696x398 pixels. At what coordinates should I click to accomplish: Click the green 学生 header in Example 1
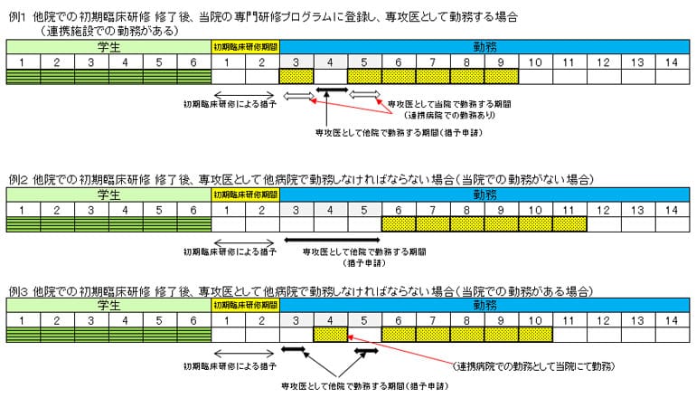click(x=108, y=46)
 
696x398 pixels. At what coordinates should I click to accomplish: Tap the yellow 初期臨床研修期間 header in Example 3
click(x=246, y=306)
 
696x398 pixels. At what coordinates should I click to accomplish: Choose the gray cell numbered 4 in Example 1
click(x=331, y=62)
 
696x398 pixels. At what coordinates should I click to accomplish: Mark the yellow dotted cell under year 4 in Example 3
click(x=331, y=335)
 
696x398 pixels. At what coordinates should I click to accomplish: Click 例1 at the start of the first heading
click(x=16, y=17)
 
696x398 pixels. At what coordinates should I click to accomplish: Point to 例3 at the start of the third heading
click(x=16, y=290)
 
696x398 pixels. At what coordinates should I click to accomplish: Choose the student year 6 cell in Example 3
click(x=193, y=320)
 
